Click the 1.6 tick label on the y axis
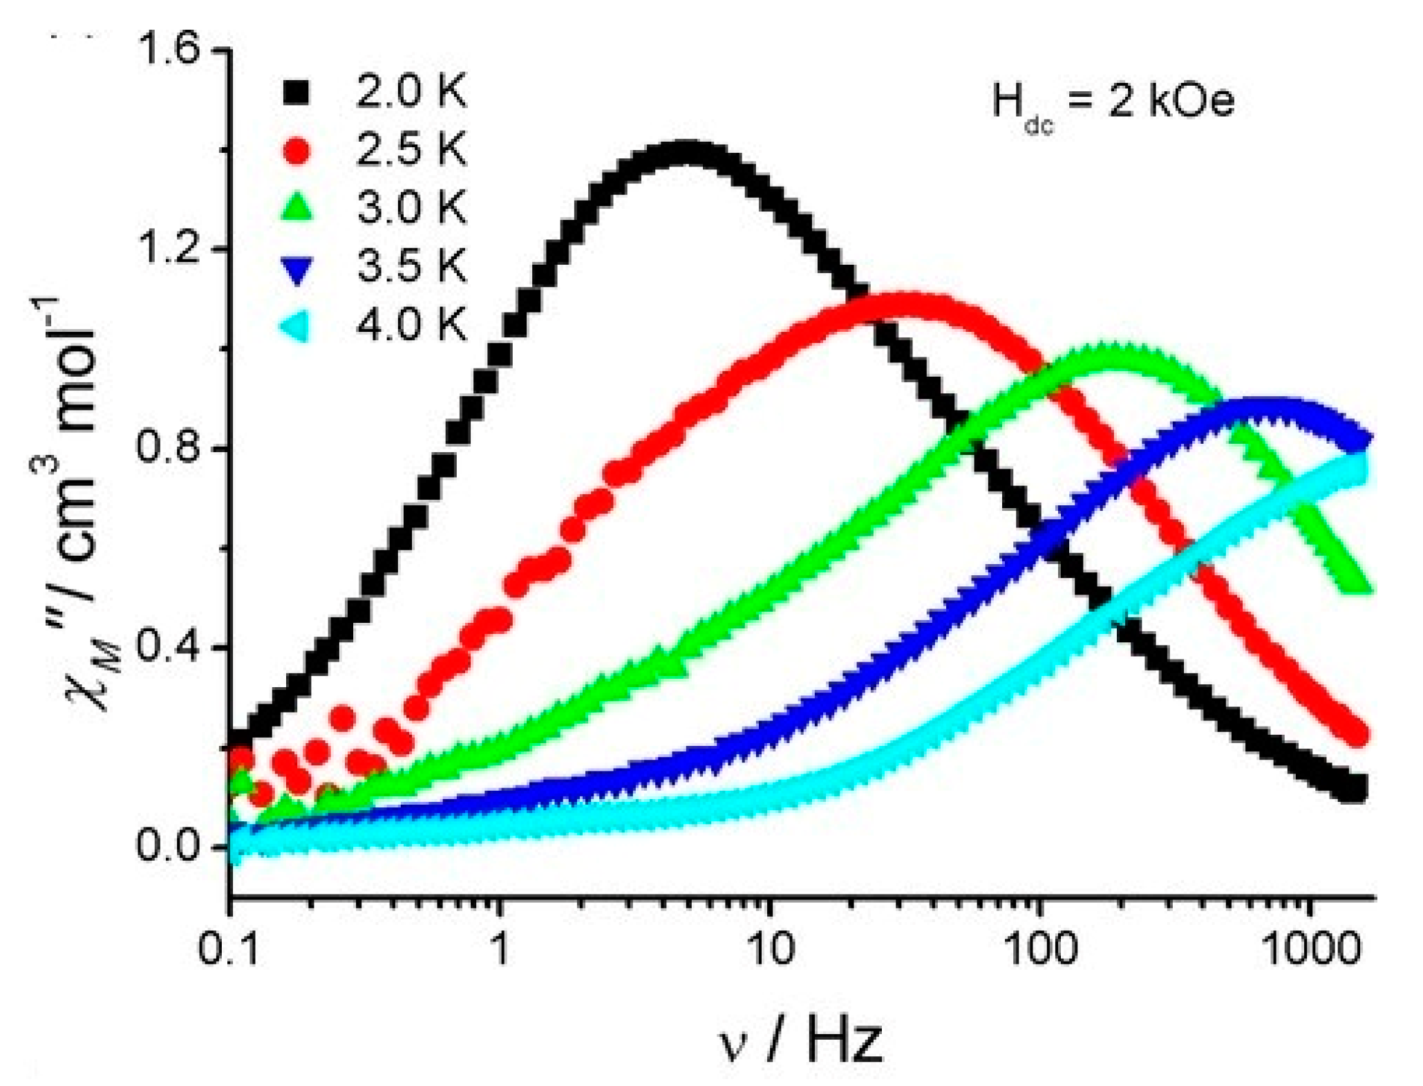[x=169, y=50]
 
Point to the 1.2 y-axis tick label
[x=169, y=249]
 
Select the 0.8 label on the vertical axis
[x=169, y=448]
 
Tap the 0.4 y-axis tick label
[x=169, y=647]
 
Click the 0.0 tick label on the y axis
[x=169, y=846]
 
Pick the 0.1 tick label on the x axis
[x=228, y=948]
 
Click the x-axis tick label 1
[x=499, y=948]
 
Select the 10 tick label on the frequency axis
[x=769, y=948]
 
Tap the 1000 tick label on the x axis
[x=1310, y=948]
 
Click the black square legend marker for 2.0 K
[x=296, y=92]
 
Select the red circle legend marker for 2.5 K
[x=296, y=150]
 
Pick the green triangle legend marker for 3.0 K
[x=296, y=207]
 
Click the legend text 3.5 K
[x=412, y=265]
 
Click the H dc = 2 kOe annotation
[x=1113, y=104]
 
